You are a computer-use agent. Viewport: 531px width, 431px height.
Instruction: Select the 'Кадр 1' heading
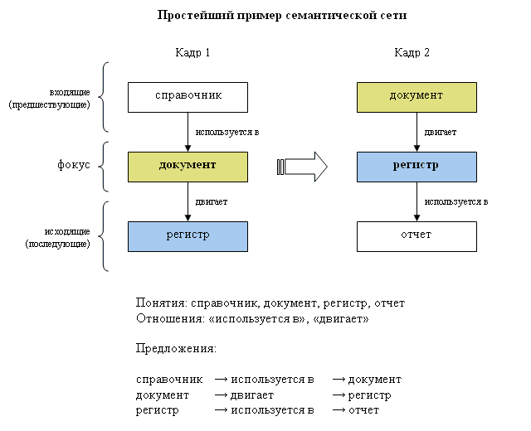click(x=192, y=53)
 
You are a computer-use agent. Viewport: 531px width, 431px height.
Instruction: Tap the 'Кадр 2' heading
click(x=412, y=53)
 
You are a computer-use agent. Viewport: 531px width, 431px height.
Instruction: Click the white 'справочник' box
click(x=188, y=97)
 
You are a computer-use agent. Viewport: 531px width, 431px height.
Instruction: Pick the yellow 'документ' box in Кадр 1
click(x=188, y=166)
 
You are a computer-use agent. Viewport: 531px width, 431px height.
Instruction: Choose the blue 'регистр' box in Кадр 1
click(x=188, y=236)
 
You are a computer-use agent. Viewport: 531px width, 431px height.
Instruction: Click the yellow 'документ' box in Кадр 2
click(x=417, y=97)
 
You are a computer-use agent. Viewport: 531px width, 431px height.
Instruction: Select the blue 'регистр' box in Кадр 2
click(x=417, y=166)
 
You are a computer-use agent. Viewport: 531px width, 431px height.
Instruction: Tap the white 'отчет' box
click(x=417, y=236)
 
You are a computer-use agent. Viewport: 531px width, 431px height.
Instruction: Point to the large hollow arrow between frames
click(x=302, y=167)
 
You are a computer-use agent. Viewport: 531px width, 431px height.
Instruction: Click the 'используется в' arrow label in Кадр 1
click(x=227, y=132)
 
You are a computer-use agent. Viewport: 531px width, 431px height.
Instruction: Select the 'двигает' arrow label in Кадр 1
click(x=212, y=201)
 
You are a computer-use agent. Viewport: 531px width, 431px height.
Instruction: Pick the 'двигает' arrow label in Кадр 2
click(x=441, y=132)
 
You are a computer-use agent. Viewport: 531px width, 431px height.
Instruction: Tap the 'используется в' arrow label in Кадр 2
click(x=455, y=201)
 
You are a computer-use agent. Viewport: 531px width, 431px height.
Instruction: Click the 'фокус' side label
click(x=74, y=165)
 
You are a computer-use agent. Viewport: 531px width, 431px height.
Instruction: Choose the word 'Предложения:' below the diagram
click(x=176, y=349)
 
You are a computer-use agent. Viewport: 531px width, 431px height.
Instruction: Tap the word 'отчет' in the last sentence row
click(x=363, y=410)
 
